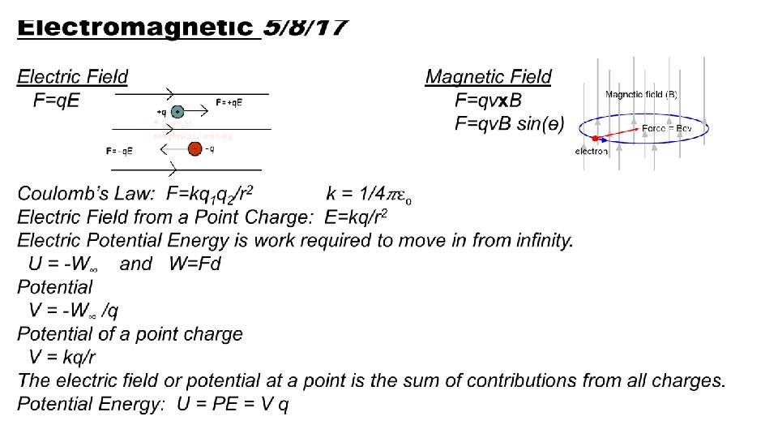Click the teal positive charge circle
click(x=177, y=112)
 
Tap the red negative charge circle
click(x=194, y=148)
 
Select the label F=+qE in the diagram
click(x=229, y=102)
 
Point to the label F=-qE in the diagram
click(x=120, y=151)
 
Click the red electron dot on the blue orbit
click(x=595, y=138)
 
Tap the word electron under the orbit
click(x=591, y=152)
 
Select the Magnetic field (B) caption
click(x=641, y=94)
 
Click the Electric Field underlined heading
click(x=73, y=77)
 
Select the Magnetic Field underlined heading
click(x=488, y=77)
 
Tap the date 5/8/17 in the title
click(x=306, y=28)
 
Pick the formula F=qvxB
click(x=489, y=101)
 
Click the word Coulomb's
click(x=56, y=194)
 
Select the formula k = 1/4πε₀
click(x=368, y=194)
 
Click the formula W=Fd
click(x=194, y=264)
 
